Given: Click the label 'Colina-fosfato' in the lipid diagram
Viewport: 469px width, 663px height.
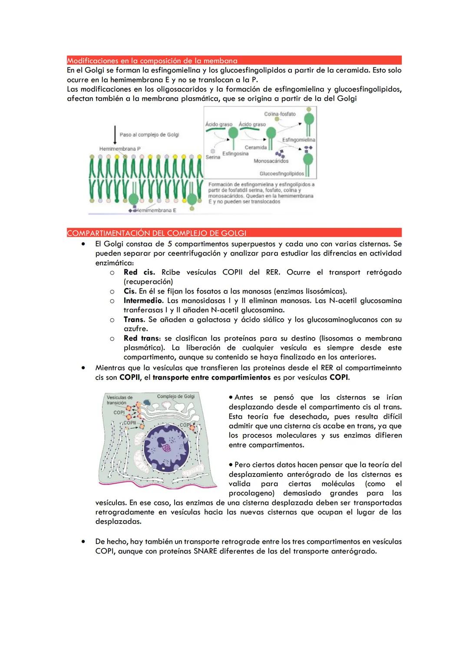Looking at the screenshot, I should (x=280, y=114).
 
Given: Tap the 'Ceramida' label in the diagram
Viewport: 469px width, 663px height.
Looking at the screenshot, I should (x=255, y=148).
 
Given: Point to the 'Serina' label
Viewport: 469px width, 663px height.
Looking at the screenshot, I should (x=213, y=157).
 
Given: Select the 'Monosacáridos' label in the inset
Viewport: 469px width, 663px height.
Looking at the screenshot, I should (x=271, y=161).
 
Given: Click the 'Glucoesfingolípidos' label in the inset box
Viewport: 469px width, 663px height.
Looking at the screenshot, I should (x=281, y=174).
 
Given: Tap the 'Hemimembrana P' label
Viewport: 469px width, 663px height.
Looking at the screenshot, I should (x=120, y=149).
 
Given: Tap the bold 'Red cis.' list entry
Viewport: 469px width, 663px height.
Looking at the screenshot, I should (x=139, y=272).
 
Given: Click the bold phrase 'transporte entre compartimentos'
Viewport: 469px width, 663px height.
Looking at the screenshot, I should (x=211, y=377).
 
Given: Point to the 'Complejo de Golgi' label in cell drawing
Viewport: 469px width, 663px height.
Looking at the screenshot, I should (x=175, y=396).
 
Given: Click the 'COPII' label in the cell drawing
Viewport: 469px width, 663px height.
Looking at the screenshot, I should (x=129, y=422).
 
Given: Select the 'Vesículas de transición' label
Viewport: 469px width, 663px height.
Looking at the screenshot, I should (x=119, y=400).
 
